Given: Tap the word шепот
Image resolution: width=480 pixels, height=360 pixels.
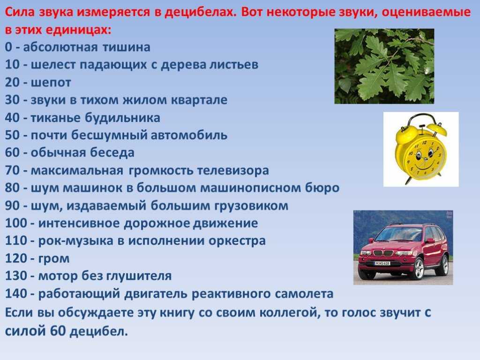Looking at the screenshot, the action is (51, 82).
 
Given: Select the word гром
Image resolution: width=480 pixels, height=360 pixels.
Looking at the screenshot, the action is (54, 259).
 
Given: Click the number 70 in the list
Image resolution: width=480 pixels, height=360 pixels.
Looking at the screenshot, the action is (13, 170).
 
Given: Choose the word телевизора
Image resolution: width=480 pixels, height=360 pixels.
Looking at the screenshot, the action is (233, 171).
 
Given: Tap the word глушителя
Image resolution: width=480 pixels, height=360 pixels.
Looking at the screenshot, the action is (139, 276).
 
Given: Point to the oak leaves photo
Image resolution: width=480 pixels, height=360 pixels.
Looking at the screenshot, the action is (384, 66).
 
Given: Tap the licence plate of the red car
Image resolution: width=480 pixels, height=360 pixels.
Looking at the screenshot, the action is (382, 263).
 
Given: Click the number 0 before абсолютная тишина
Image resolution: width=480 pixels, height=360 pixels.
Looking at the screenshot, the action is (8, 47).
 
